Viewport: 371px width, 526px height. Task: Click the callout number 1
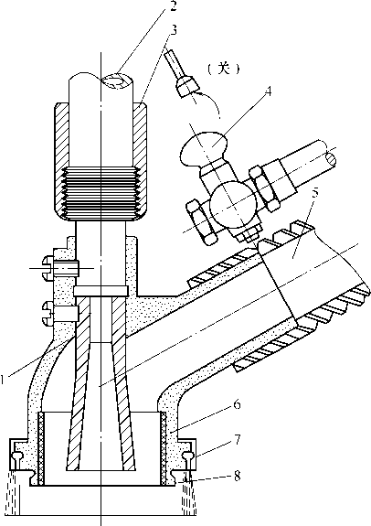pos(3,380)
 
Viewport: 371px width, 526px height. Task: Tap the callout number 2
pos(173,5)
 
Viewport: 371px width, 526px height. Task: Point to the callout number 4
pos(268,91)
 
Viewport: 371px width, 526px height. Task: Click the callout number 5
pos(314,195)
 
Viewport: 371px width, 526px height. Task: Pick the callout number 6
pos(237,405)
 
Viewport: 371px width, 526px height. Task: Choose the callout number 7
pos(238,439)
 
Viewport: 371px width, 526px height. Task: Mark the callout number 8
pos(238,476)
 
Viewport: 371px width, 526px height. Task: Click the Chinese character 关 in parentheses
pos(224,70)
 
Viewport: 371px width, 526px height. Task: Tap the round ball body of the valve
pos(233,205)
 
